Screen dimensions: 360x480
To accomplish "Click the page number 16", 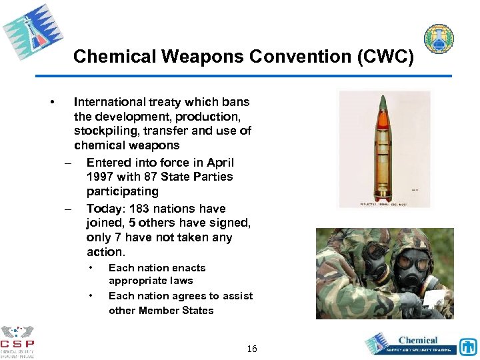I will point(252,349).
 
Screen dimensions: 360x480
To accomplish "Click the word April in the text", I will point(220,163).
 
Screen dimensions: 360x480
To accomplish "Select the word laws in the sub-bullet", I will point(181,281).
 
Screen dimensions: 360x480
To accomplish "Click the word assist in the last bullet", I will point(239,295).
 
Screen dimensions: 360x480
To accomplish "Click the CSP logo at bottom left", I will point(17,341).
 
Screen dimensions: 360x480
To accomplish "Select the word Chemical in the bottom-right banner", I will point(418,340).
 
